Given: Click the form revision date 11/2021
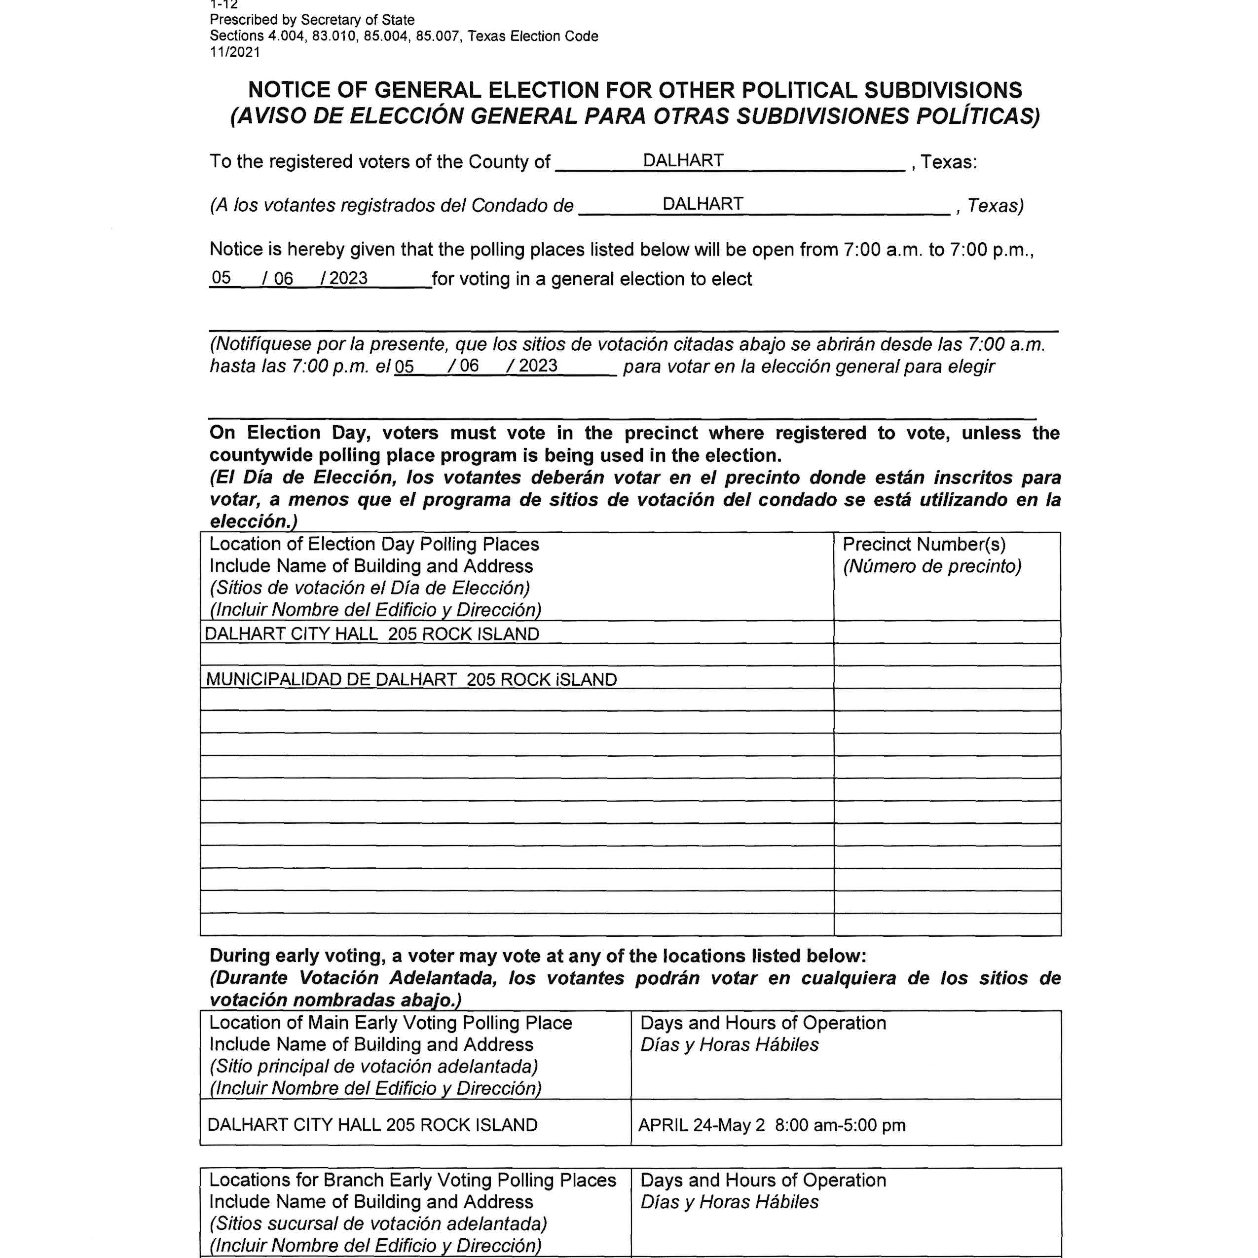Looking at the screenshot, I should (x=234, y=52).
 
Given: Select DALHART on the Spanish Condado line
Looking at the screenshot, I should (x=702, y=204).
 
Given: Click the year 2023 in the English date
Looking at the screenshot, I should (x=348, y=278).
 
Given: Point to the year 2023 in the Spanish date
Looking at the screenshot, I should (x=539, y=365).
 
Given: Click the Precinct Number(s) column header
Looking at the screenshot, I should (x=924, y=544).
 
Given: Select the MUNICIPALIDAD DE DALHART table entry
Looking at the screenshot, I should (x=411, y=679).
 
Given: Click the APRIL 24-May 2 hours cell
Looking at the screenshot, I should (x=772, y=1124).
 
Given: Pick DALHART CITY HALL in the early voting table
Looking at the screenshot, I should (x=372, y=1124).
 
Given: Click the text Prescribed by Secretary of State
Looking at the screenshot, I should (x=312, y=20).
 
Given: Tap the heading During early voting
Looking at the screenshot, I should (x=296, y=955).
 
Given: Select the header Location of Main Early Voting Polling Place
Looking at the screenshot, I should (x=390, y=1022).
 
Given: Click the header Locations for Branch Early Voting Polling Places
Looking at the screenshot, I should (x=412, y=1180).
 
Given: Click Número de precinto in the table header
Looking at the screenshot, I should (x=932, y=566).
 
